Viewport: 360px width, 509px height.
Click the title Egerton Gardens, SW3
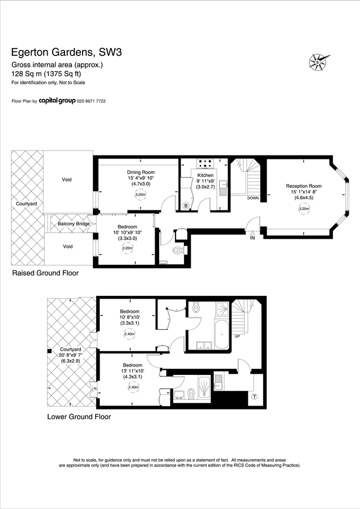(x=67, y=53)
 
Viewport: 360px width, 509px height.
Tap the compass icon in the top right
(x=319, y=61)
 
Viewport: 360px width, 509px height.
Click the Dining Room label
(x=140, y=172)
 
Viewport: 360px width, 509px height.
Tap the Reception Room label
(x=303, y=186)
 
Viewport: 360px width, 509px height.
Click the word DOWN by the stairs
(x=253, y=198)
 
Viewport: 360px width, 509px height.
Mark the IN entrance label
(x=253, y=239)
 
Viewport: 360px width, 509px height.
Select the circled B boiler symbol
(x=186, y=205)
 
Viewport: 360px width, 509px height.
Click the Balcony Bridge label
(x=74, y=224)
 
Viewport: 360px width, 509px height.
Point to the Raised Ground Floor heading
(x=45, y=273)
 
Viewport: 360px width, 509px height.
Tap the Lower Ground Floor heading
(x=79, y=417)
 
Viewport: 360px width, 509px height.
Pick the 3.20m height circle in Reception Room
(x=303, y=209)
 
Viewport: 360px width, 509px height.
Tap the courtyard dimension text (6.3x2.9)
(x=71, y=361)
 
